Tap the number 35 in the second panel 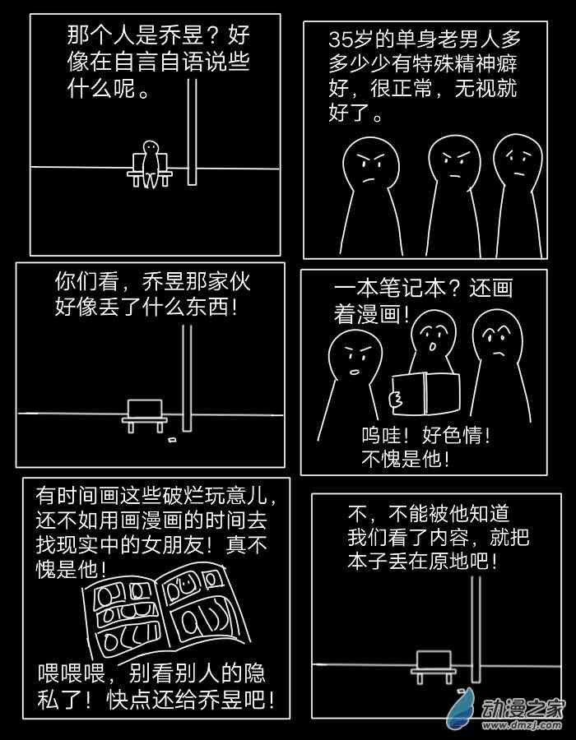(339, 39)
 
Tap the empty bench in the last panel (434, 665)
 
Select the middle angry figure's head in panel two (453, 160)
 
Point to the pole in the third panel (188, 378)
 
